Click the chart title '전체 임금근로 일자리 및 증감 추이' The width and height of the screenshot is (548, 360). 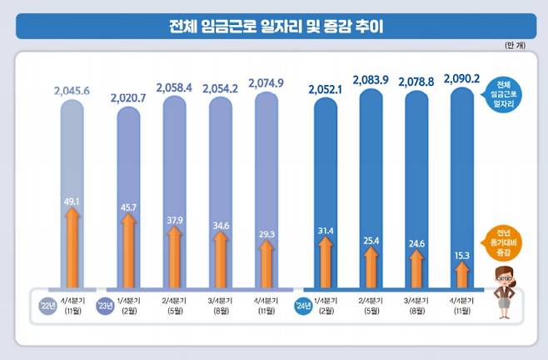(273, 26)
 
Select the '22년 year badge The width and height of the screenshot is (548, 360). (47, 306)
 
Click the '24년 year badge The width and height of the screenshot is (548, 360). (301, 306)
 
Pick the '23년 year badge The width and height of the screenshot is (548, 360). (106, 306)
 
